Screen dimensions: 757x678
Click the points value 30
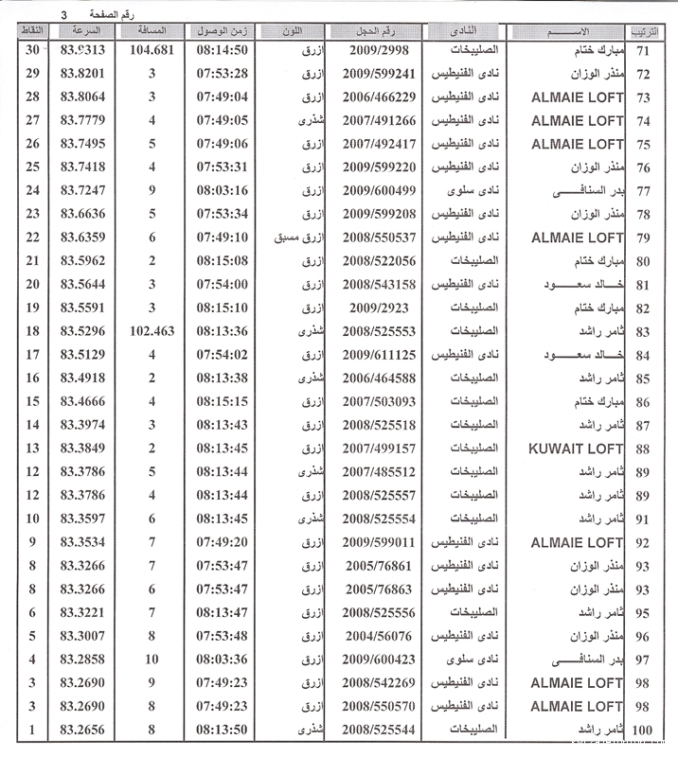[x=33, y=50]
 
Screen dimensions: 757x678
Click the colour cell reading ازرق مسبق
[x=299, y=238]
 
